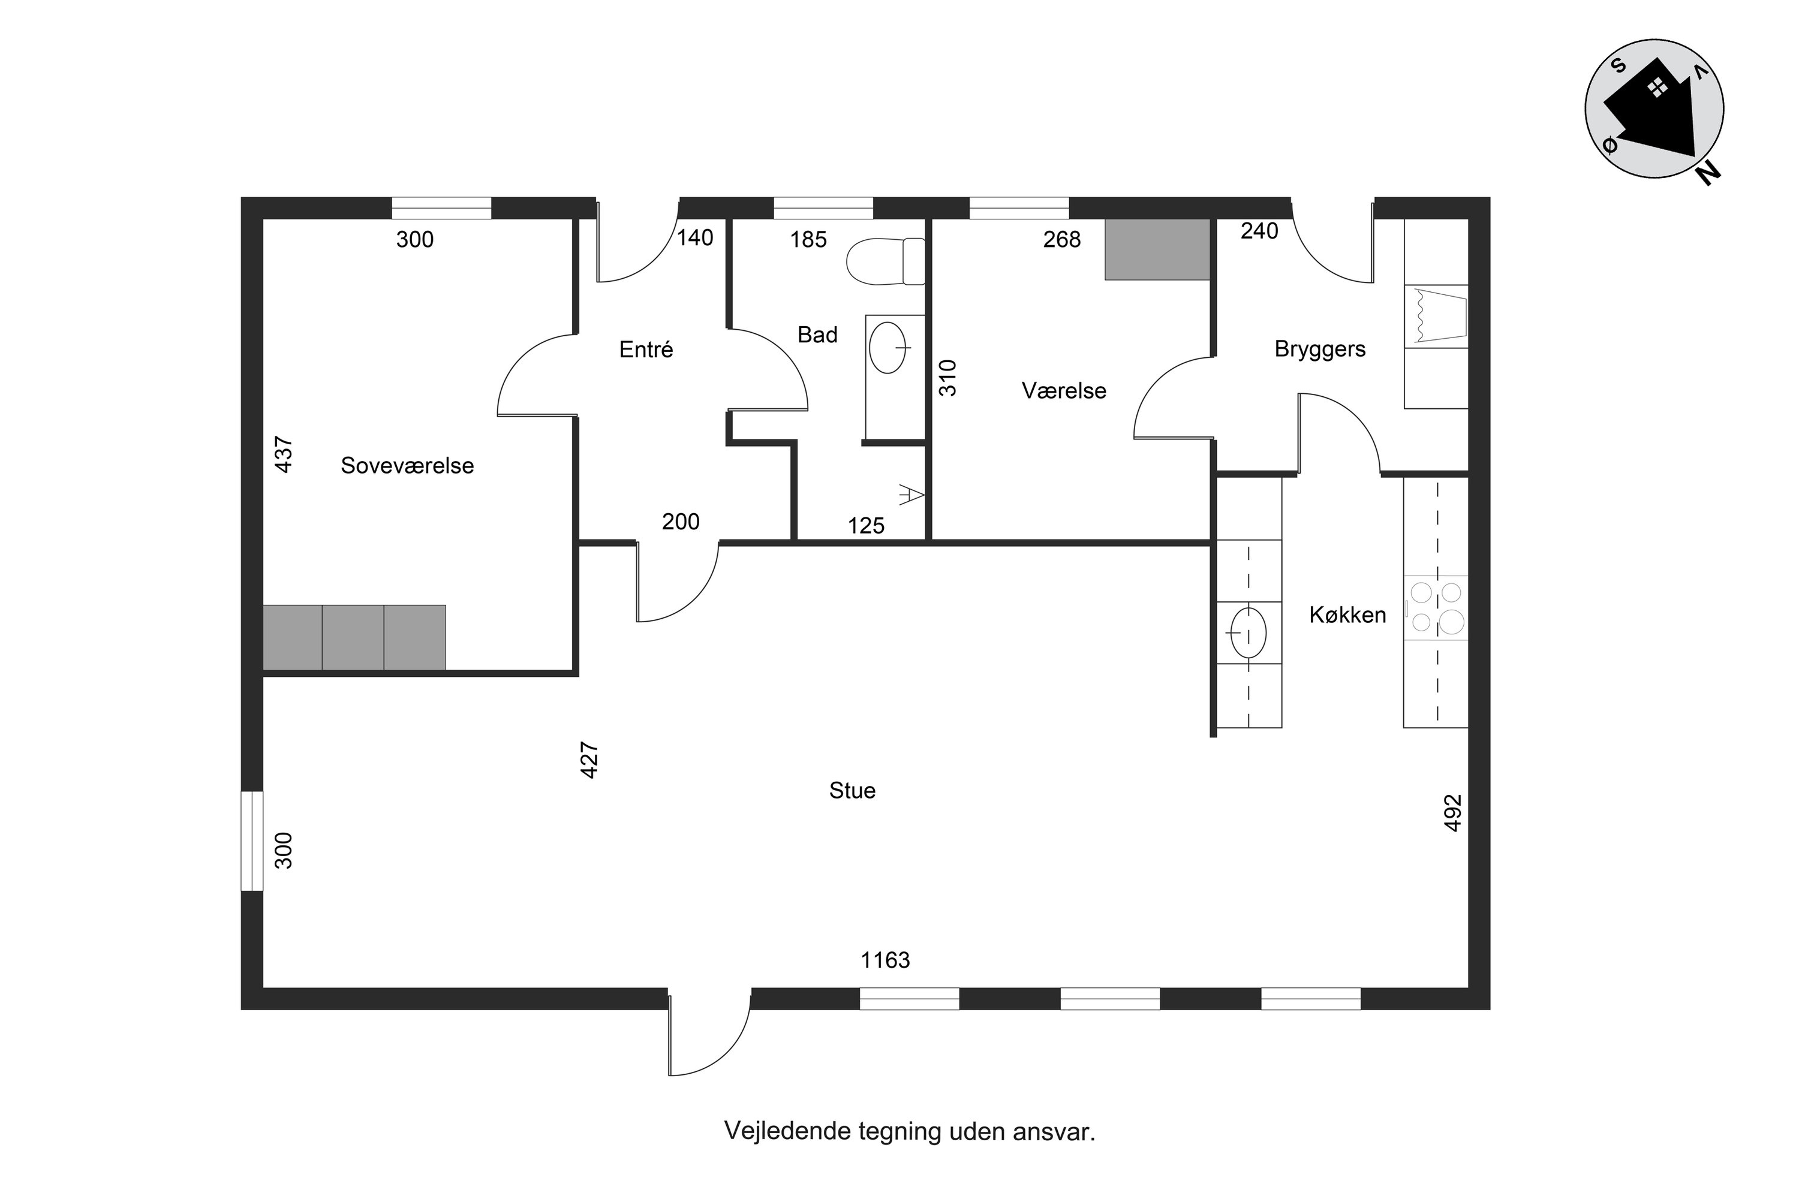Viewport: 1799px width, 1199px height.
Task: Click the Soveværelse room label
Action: click(407, 466)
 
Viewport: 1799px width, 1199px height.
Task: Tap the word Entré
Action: click(646, 350)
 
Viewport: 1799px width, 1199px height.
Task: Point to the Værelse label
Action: click(1064, 391)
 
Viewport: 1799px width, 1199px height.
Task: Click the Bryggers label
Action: click(1320, 350)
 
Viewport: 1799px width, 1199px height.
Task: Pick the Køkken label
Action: click(1347, 615)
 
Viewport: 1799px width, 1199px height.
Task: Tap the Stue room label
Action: click(852, 791)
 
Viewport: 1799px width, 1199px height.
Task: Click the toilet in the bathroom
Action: click(886, 261)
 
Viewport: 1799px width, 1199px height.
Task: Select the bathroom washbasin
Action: click(889, 348)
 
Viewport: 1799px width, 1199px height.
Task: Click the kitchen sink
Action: click(1247, 632)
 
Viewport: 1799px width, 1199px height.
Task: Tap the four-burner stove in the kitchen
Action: click(1436, 608)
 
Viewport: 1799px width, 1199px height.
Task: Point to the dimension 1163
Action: click(885, 960)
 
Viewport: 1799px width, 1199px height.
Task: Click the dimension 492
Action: click(1452, 813)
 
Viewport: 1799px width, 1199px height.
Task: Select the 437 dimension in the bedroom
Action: click(283, 454)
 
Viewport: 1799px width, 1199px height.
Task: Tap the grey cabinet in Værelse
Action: click(1157, 249)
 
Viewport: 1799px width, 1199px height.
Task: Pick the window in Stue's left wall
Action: click(252, 841)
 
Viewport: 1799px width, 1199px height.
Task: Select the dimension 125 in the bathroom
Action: click(866, 526)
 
